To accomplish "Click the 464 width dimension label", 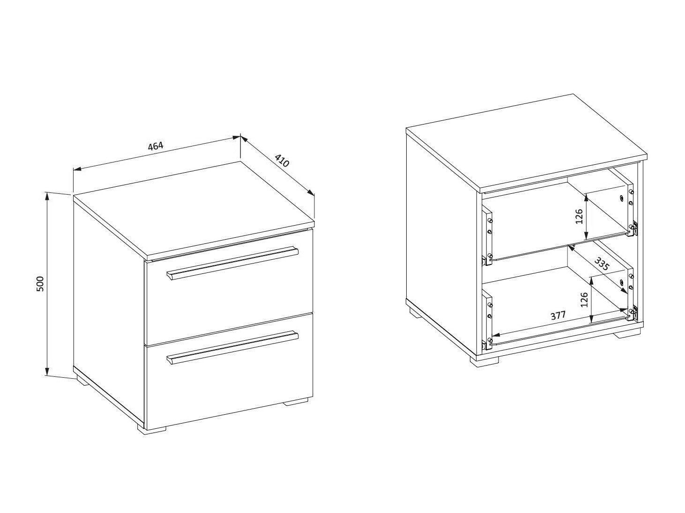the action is pyautogui.click(x=156, y=146).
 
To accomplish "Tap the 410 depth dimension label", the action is pyautogui.click(x=282, y=161).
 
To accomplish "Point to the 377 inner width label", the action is pyautogui.click(x=558, y=316).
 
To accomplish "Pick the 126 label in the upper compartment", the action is pyautogui.click(x=579, y=216).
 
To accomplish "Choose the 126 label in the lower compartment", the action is pyautogui.click(x=584, y=300).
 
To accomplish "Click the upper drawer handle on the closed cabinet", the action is pyautogui.click(x=232, y=264).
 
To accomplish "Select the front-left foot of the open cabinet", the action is pyautogui.click(x=484, y=360).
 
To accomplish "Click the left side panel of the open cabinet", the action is pyautogui.click(x=441, y=242).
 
